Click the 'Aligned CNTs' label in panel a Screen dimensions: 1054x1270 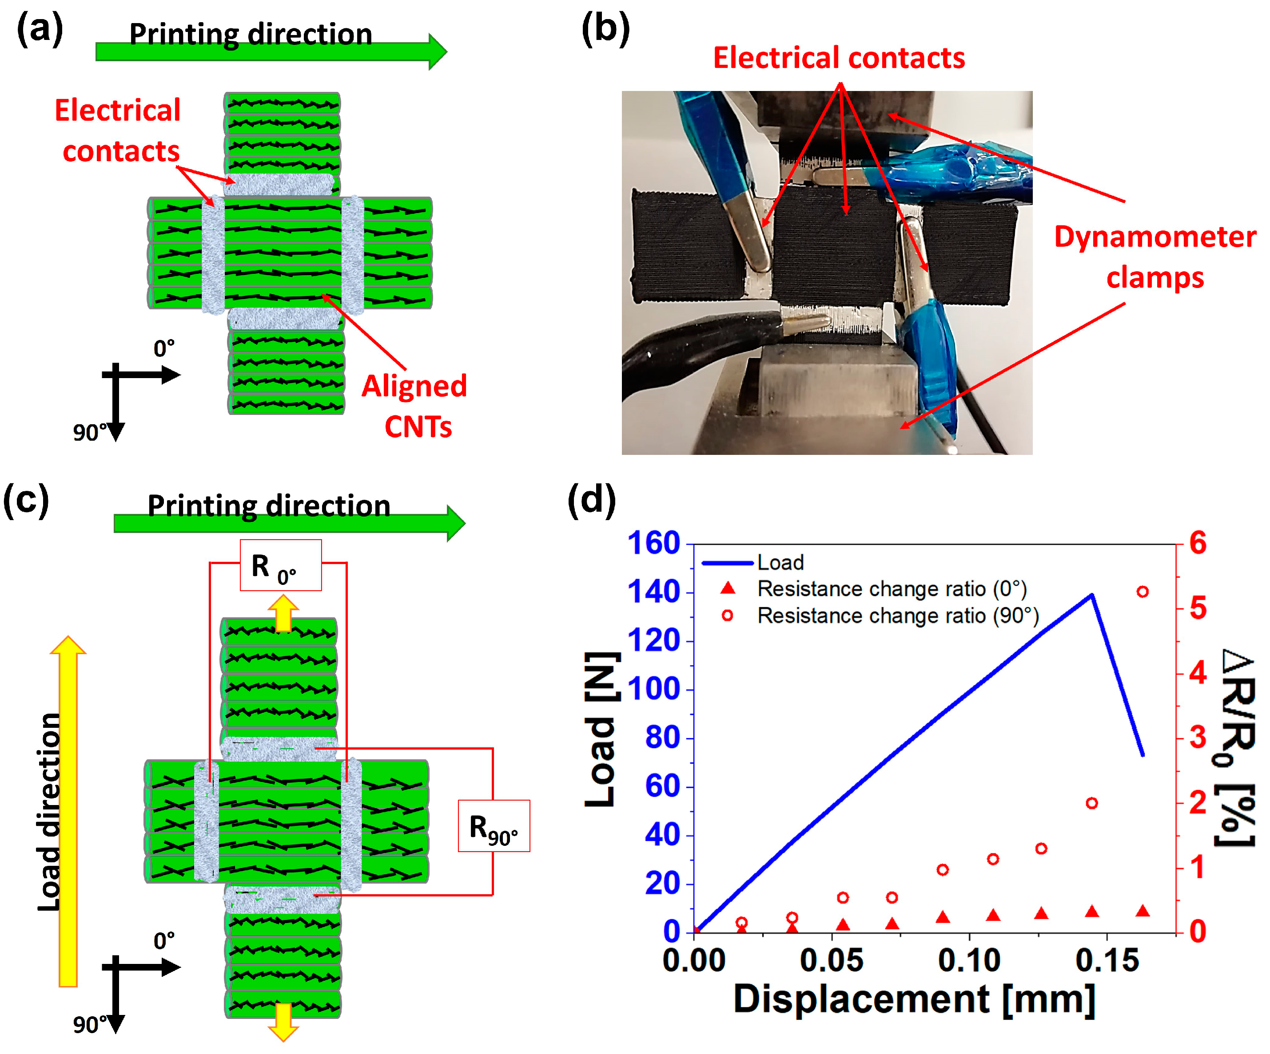tap(415, 406)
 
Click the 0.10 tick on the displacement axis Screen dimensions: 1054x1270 tap(969, 960)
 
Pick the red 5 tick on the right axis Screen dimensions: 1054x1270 tap(1198, 608)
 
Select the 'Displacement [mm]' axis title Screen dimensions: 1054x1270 tap(914, 999)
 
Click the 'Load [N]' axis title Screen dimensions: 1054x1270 tap(602, 730)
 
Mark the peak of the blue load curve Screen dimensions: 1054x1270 tap(1091, 595)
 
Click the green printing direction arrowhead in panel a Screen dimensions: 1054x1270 tap(437, 52)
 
